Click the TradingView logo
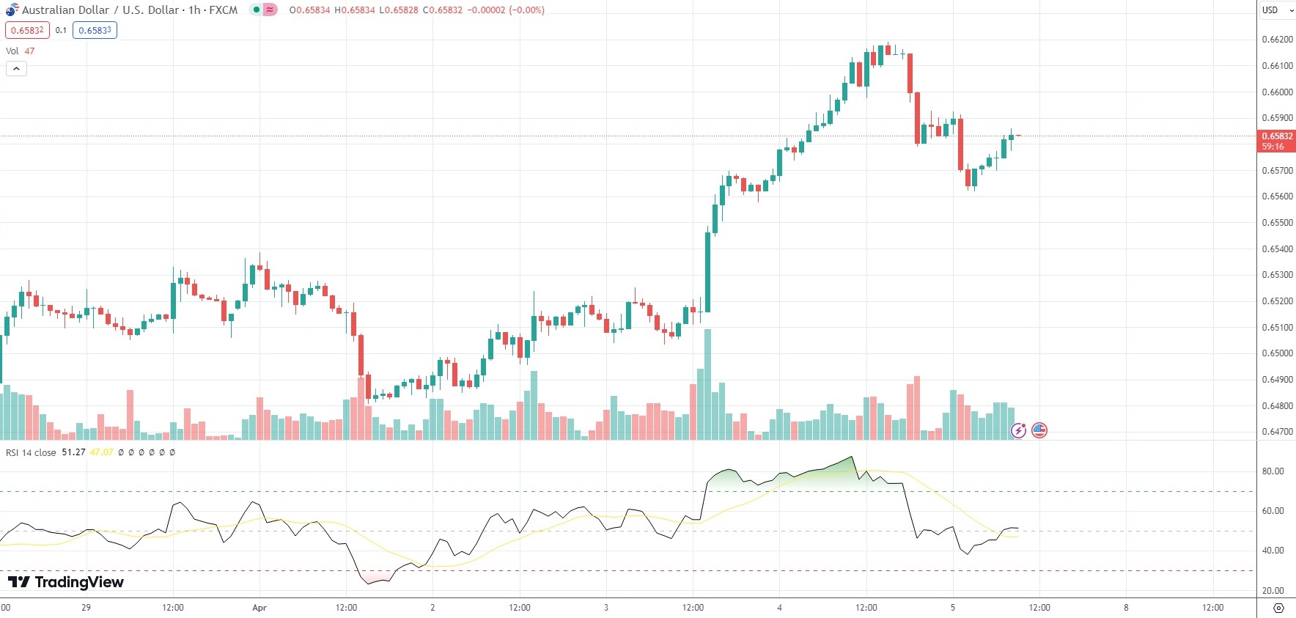pyautogui.click(x=66, y=582)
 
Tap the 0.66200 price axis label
pyautogui.click(x=1276, y=40)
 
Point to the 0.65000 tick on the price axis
pyautogui.click(x=1276, y=353)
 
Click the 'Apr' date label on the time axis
pyautogui.click(x=259, y=608)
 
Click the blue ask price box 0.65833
pyautogui.click(x=95, y=30)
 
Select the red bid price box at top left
pyautogui.click(x=27, y=30)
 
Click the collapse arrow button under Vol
pyautogui.click(x=16, y=68)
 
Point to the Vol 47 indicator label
pyautogui.click(x=20, y=51)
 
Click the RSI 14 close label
pyautogui.click(x=31, y=452)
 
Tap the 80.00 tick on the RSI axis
pyautogui.click(x=1273, y=471)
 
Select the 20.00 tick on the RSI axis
pyautogui.click(x=1273, y=590)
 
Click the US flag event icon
pyautogui.click(x=1039, y=430)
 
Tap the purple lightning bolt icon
pyautogui.click(x=1018, y=430)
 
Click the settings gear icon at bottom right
pyautogui.click(x=1278, y=608)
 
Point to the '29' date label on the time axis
pyautogui.click(x=86, y=608)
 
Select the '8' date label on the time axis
pyautogui.click(x=1126, y=608)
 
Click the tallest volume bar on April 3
pyautogui.click(x=707, y=385)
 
